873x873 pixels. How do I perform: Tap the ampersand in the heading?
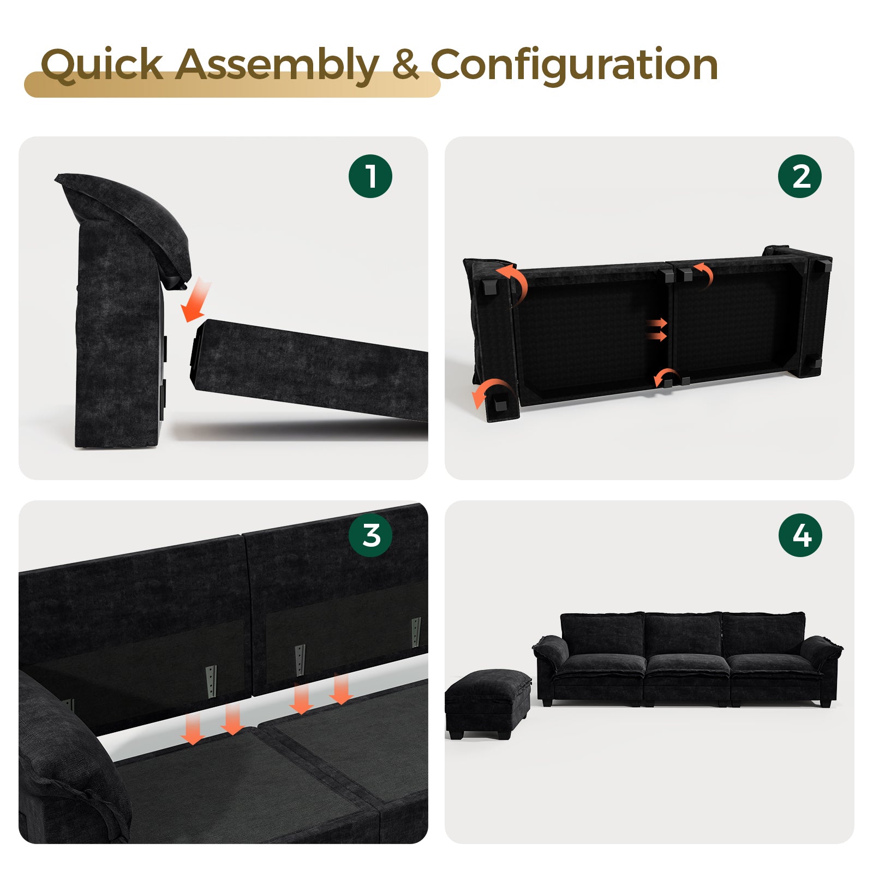405,64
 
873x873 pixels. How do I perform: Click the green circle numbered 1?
370,176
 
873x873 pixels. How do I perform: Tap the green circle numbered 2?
800,176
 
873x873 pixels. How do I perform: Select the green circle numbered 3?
370,535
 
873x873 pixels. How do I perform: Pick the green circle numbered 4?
800,535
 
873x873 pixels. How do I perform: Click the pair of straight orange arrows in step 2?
656,330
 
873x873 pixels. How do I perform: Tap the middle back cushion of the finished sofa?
683,634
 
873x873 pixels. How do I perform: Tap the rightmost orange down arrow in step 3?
342,689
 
